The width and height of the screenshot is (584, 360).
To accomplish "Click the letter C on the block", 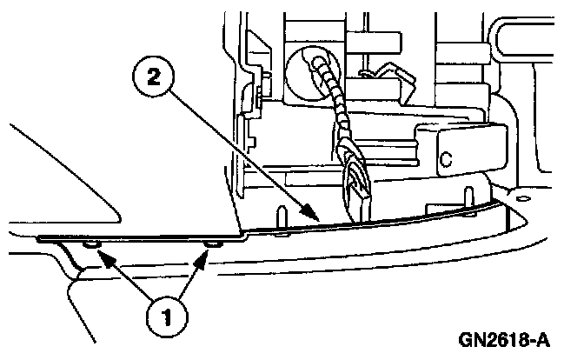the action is click(x=445, y=159).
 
